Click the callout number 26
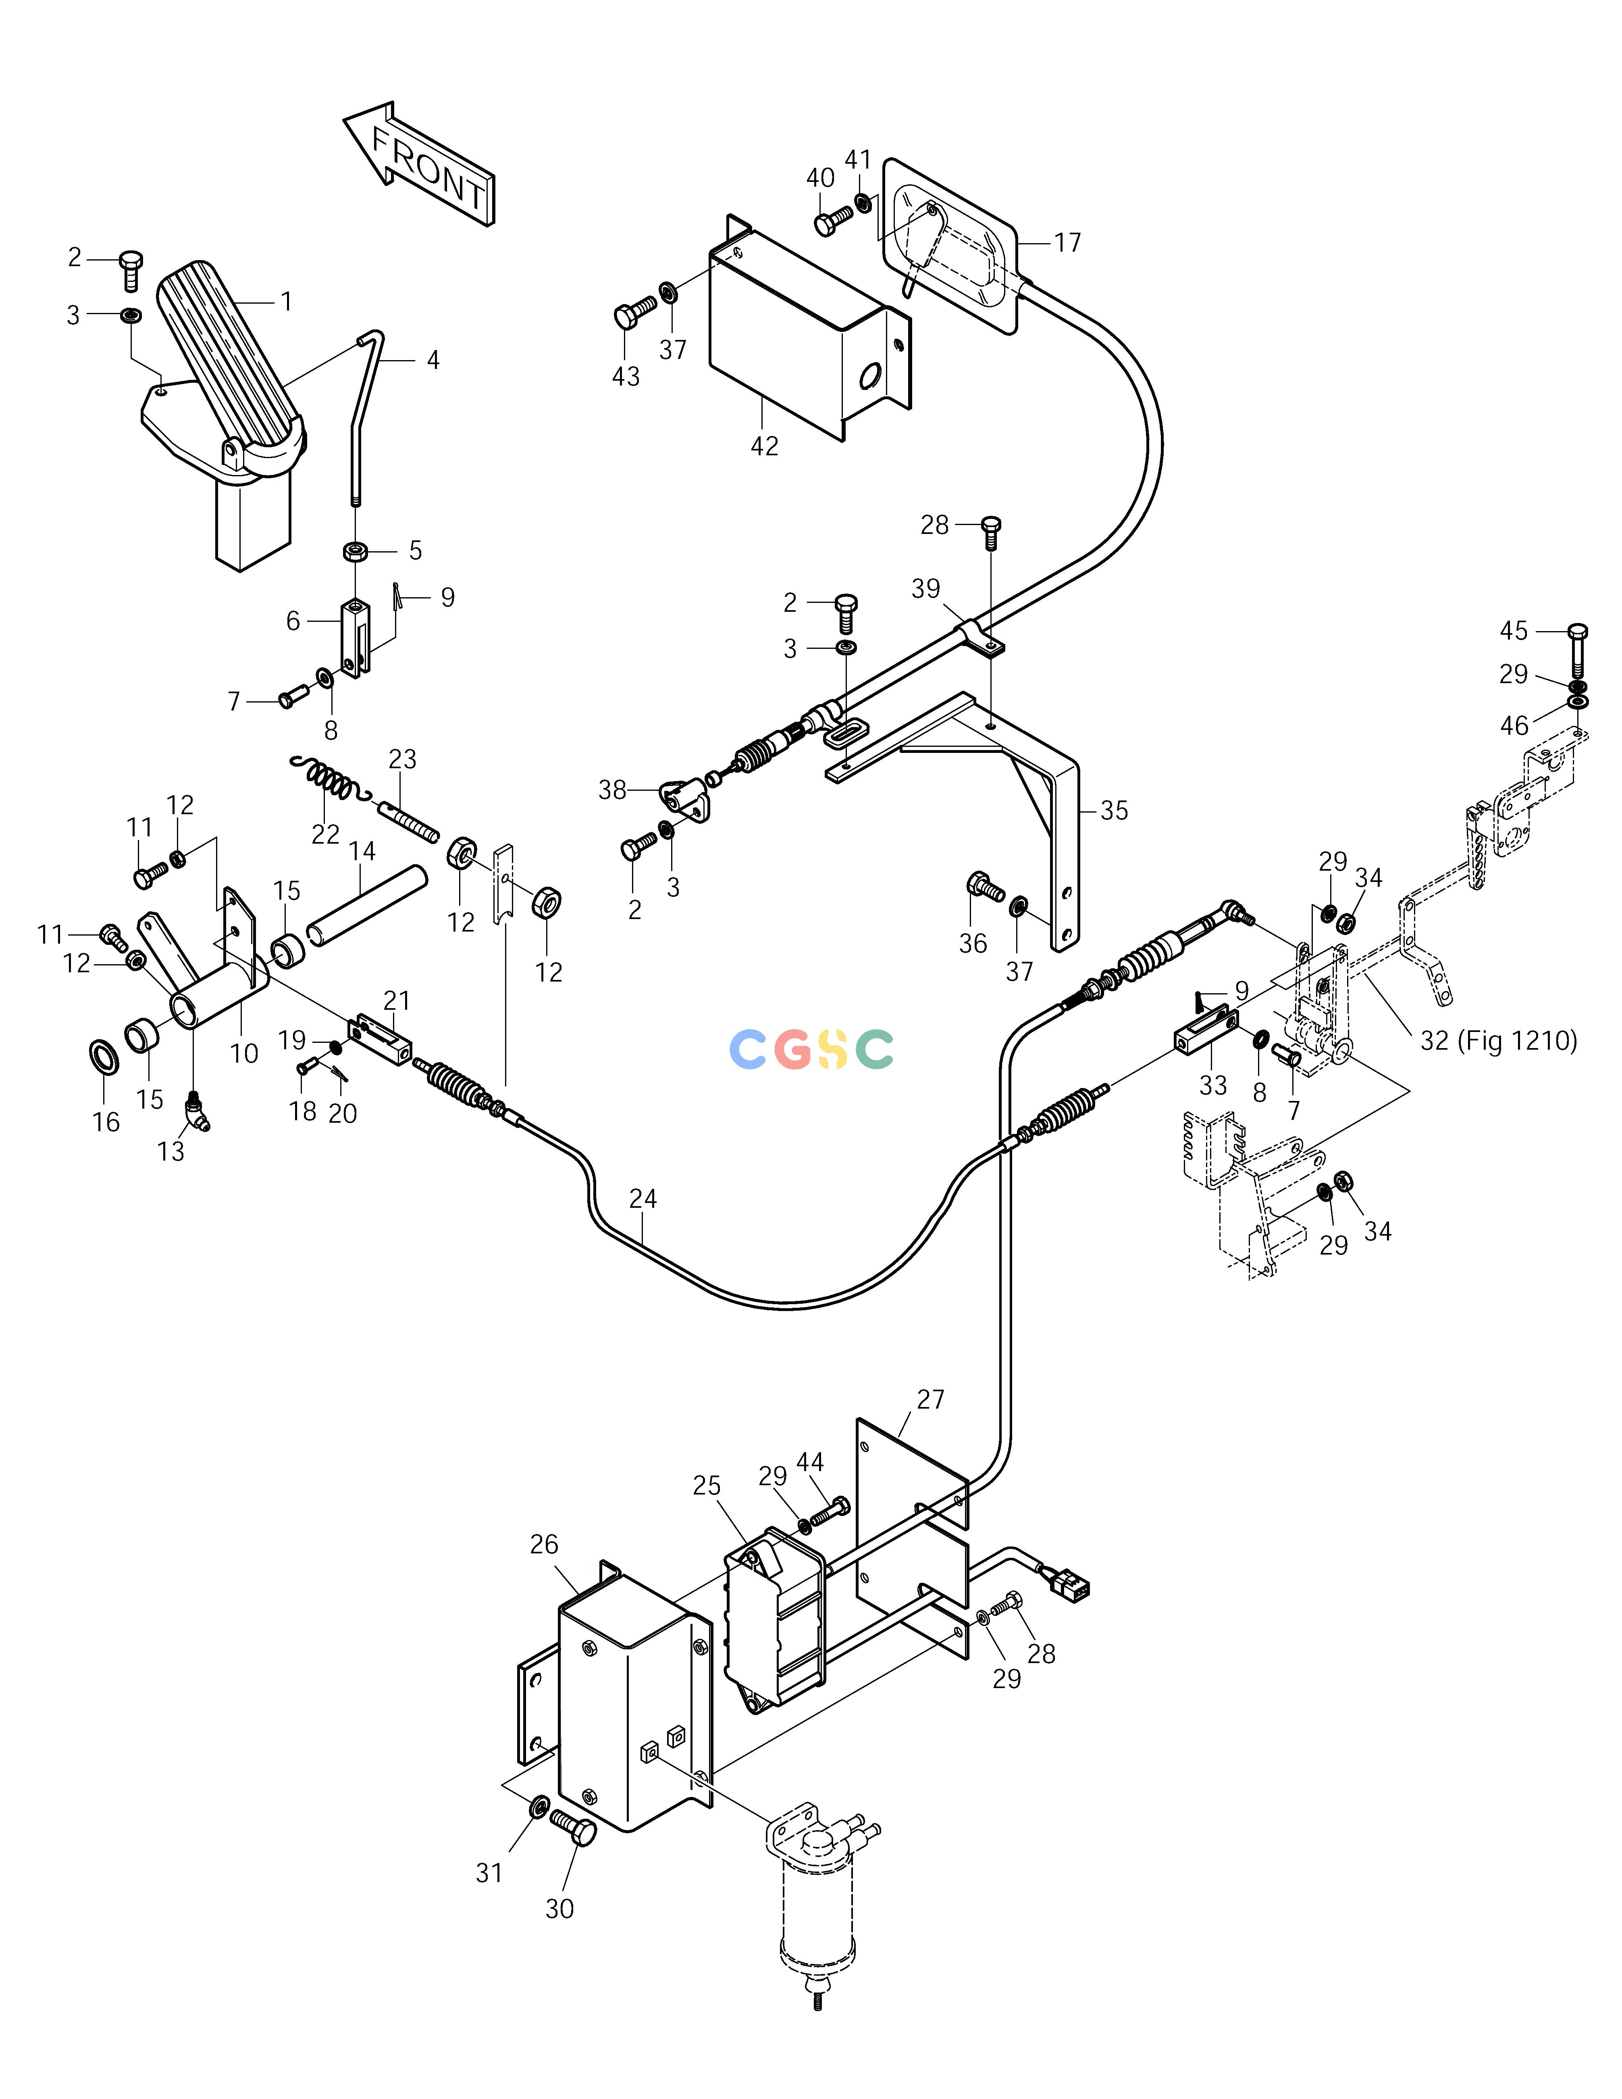[544, 1545]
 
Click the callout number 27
[930, 1399]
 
